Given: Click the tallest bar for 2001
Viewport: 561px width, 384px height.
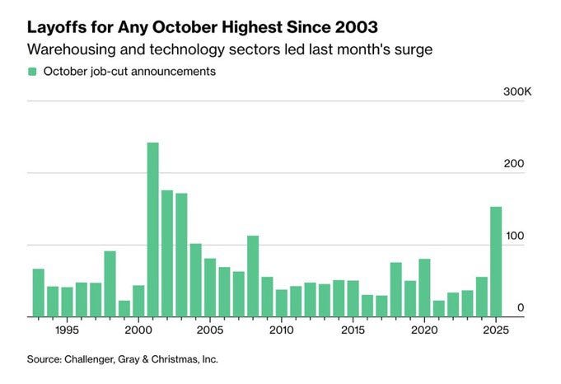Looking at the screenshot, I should point(152,230).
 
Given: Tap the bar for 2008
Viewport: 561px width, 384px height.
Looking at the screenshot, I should point(253,277).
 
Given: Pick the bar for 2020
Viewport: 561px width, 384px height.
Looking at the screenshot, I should point(424,288).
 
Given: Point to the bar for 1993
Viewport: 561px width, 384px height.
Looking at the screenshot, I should point(38,293).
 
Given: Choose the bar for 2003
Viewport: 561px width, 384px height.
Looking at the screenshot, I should point(181,255).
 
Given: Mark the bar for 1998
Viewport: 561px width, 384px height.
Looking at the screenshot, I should point(110,284).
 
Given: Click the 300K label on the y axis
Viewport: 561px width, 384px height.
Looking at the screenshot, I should point(517,91).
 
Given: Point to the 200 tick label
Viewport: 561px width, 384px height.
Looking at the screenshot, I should point(514,164).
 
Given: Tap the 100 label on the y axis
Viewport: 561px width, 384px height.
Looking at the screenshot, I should point(514,236).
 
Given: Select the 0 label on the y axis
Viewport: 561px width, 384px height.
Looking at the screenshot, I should point(521,308).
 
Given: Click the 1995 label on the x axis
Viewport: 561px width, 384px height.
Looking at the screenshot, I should point(67,330).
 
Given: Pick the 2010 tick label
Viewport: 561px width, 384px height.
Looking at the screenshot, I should point(281,330).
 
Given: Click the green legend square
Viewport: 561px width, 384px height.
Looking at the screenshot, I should point(32,72).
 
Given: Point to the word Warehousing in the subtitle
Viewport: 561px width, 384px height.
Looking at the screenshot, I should point(68,49).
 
